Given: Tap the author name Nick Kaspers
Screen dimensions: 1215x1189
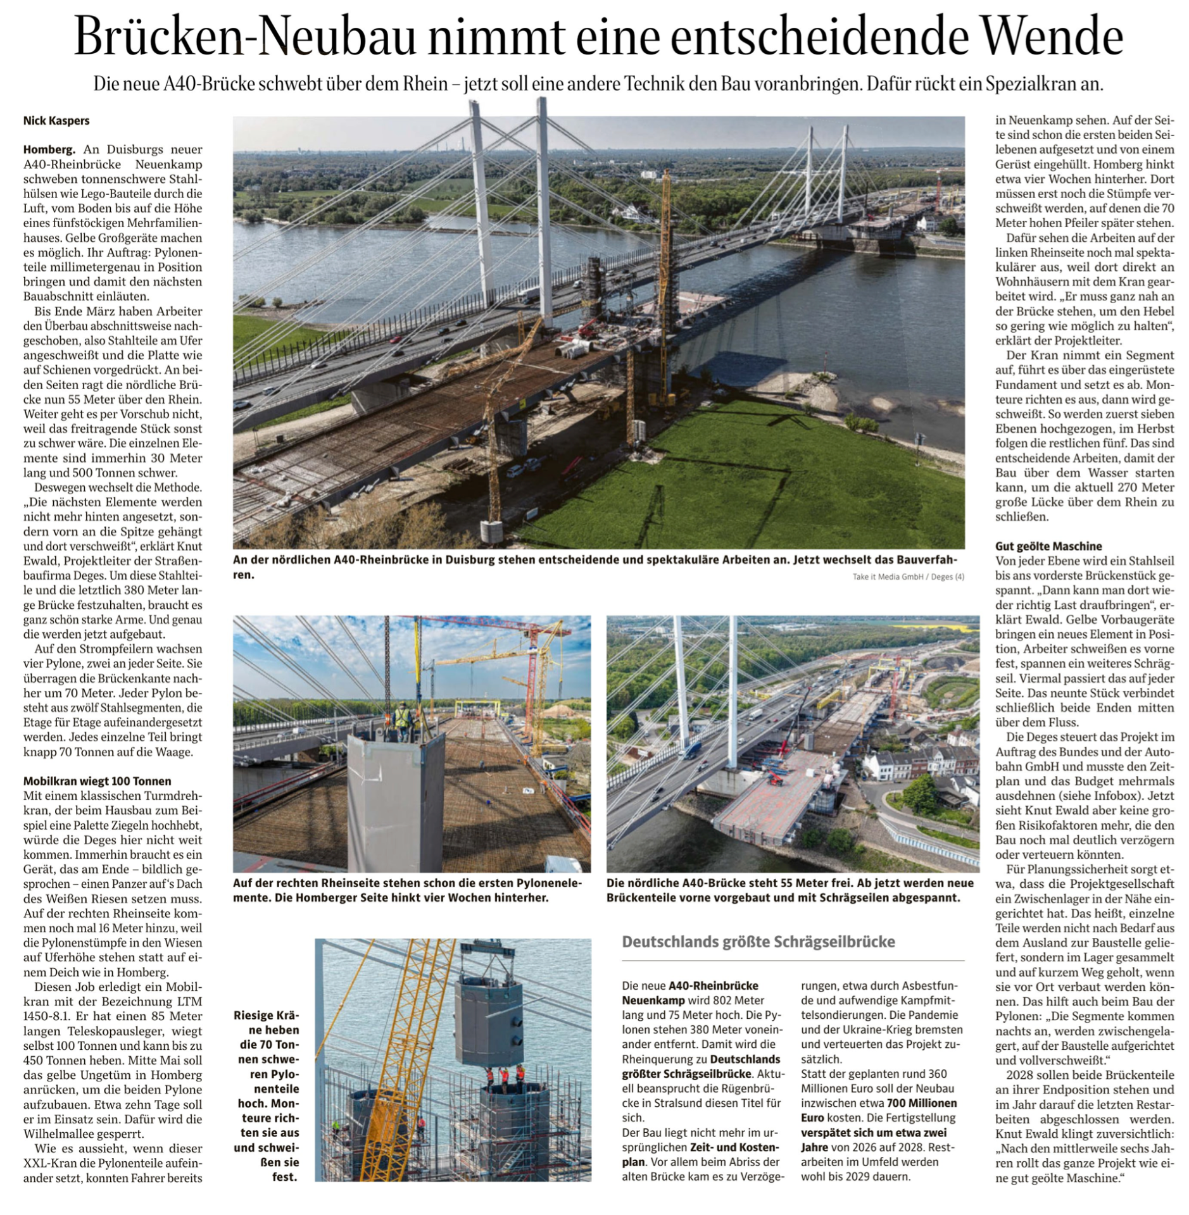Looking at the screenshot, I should (x=56, y=120).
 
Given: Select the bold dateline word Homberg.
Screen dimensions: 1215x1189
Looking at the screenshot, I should (x=49, y=150).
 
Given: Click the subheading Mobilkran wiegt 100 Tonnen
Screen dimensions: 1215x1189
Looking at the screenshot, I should (x=98, y=781).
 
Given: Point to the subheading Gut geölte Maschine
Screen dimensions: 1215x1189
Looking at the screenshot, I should (x=1048, y=546).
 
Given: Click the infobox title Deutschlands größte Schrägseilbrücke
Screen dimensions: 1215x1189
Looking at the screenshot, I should (x=758, y=942).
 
